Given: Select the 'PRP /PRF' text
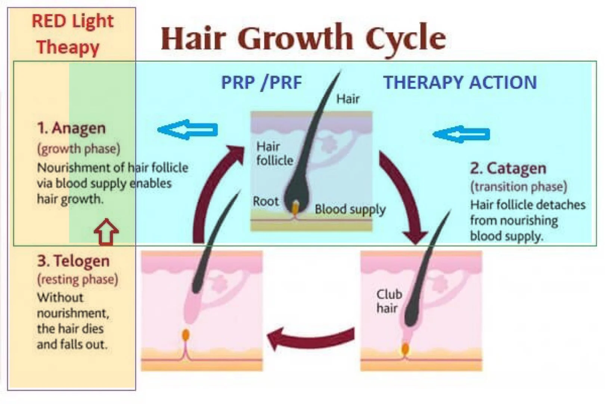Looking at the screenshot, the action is [x=261, y=82].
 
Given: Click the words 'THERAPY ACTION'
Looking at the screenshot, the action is [x=460, y=82].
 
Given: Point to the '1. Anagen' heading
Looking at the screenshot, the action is [x=71, y=128].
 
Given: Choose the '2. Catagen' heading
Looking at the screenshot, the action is [x=508, y=168].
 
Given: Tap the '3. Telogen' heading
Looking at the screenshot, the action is [x=73, y=261].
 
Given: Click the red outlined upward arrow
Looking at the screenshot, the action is [x=106, y=232].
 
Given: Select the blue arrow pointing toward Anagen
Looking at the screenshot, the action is [x=188, y=130].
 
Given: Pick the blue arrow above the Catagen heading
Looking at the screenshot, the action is [x=462, y=134].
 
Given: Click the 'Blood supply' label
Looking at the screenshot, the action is [x=350, y=209].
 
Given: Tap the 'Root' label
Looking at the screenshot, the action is [x=266, y=201].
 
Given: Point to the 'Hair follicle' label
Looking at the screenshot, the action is [x=274, y=153].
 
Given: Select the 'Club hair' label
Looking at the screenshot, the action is [x=389, y=301].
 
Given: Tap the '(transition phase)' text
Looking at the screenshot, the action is [x=518, y=186].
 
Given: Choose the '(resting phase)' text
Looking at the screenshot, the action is [x=77, y=279].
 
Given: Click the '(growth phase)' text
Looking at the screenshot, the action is [x=78, y=149].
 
